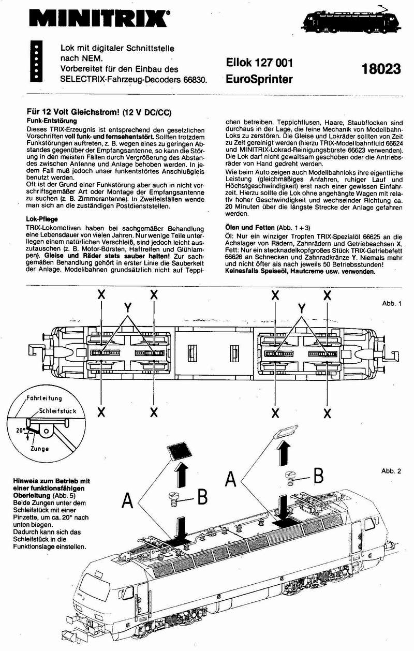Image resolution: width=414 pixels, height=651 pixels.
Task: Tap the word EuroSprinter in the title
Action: (259, 80)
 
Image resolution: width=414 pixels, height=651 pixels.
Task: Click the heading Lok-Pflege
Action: (42, 219)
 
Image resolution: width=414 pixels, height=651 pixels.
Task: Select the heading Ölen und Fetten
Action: (248, 227)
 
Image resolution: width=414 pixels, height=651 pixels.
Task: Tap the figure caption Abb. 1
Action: (391, 303)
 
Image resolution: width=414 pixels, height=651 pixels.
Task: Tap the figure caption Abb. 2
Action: (391, 471)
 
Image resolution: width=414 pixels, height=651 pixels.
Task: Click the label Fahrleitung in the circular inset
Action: (45, 398)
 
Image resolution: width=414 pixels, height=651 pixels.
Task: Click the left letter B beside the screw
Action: (202, 496)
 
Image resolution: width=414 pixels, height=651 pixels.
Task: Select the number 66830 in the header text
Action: (191, 80)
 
